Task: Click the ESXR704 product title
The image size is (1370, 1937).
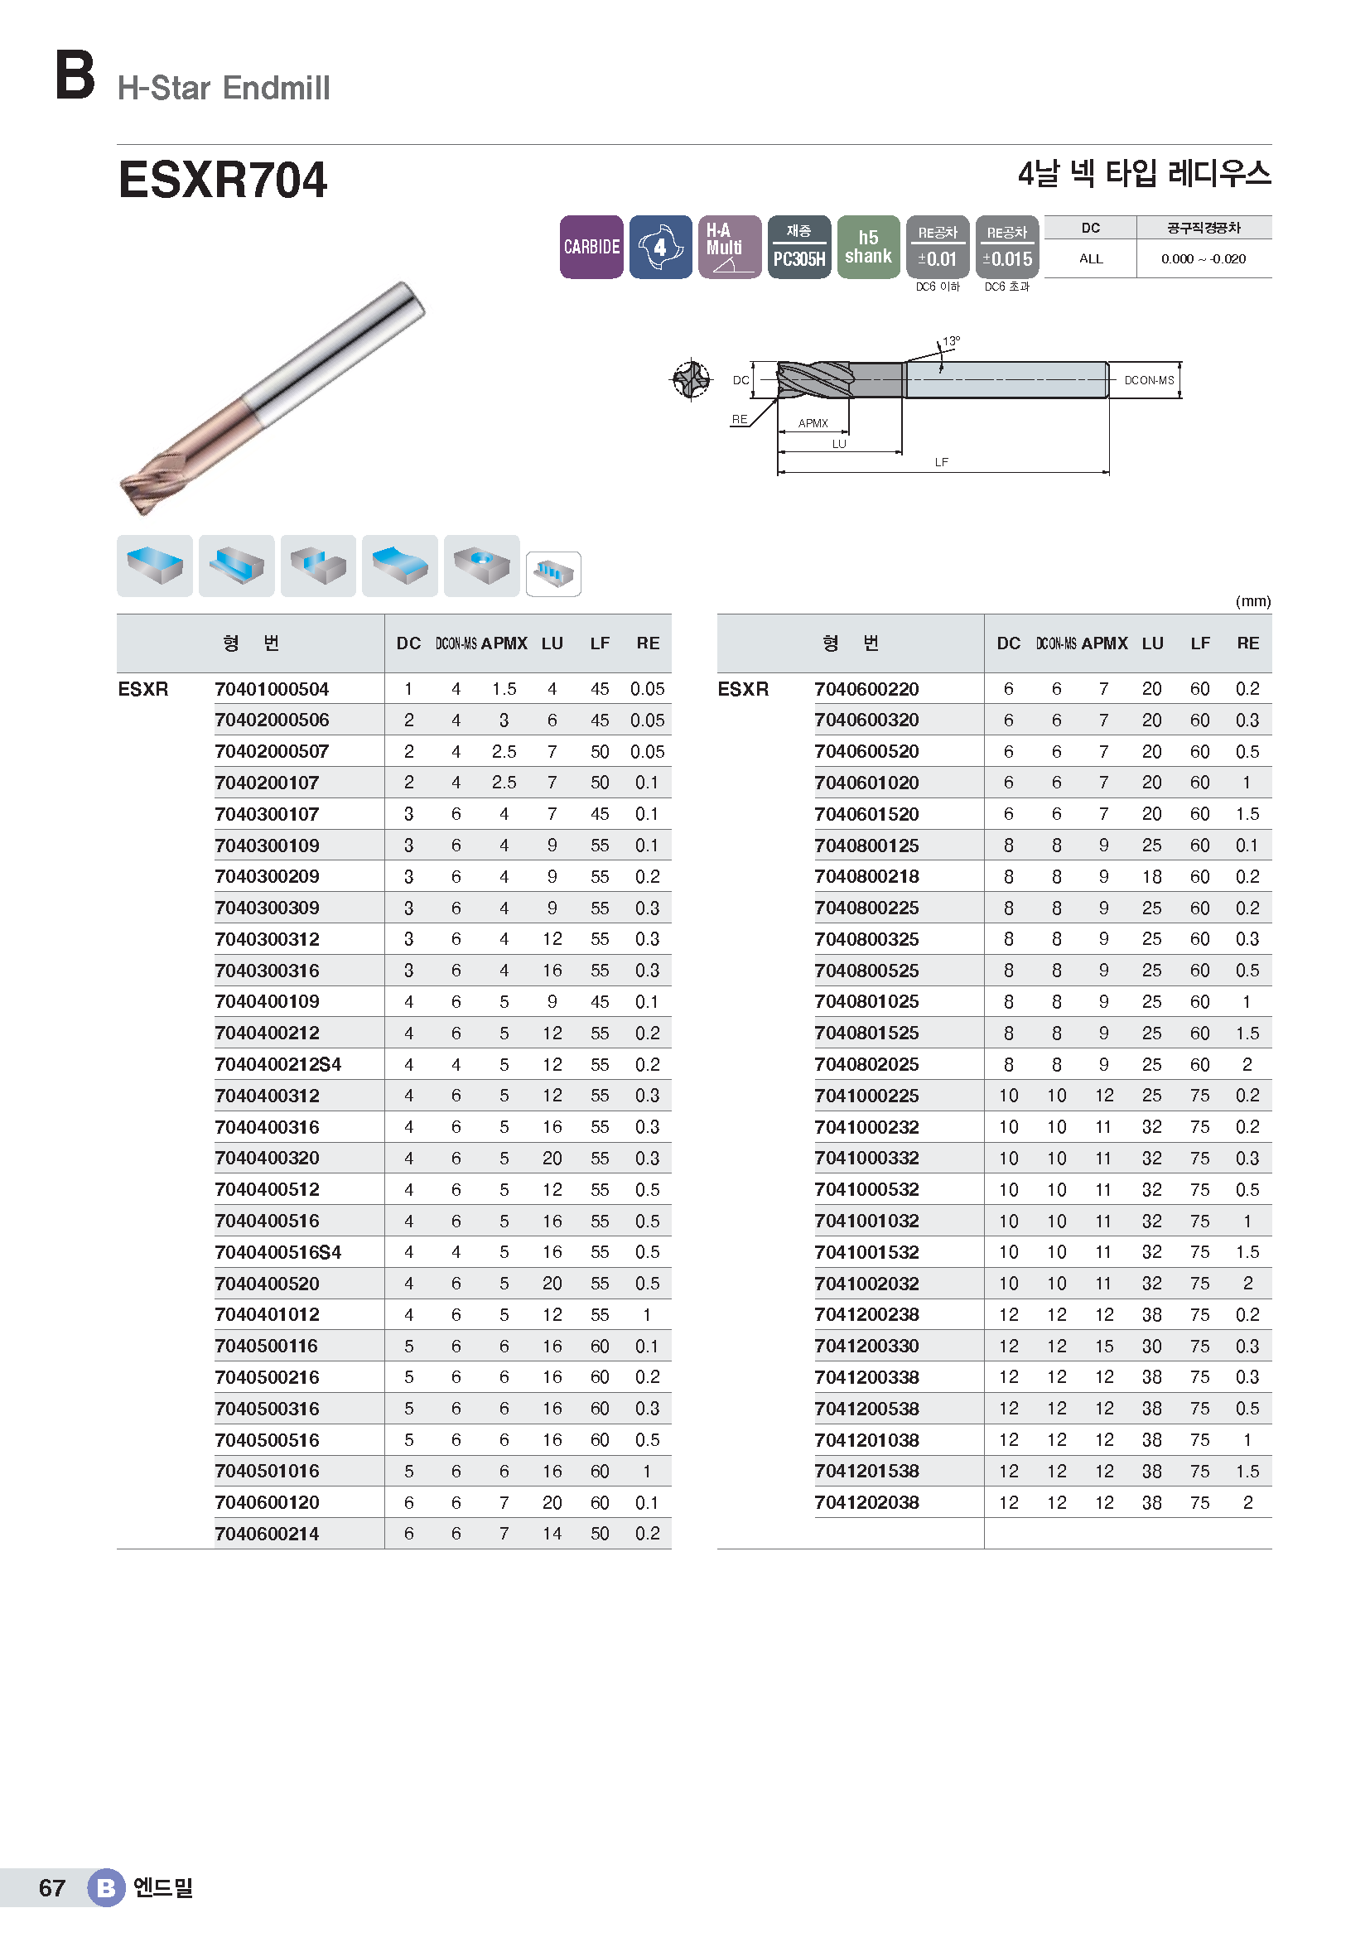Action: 222,180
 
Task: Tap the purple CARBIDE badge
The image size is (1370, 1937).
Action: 591,246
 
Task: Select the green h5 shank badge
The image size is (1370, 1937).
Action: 868,246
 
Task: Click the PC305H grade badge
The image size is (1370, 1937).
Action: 798,246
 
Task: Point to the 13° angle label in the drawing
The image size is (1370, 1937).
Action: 951,342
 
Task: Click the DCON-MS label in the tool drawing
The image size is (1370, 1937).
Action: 1148,380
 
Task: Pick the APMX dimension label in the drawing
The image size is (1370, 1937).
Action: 813,423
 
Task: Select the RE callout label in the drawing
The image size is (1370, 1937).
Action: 739,419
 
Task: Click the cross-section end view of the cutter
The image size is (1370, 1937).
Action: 691,379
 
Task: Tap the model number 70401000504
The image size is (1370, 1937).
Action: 271,689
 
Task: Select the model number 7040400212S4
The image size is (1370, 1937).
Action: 277,1065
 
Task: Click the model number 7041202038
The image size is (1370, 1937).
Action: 866,1502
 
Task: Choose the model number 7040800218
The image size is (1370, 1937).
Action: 866,876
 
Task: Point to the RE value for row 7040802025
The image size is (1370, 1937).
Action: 1247,1065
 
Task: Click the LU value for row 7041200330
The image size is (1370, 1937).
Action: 1151,1347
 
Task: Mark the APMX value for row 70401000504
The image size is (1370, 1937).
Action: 504,689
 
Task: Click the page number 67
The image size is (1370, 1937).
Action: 51,1888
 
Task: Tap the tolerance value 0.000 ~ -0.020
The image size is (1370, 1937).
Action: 1203,259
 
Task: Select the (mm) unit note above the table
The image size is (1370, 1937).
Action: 1252,601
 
